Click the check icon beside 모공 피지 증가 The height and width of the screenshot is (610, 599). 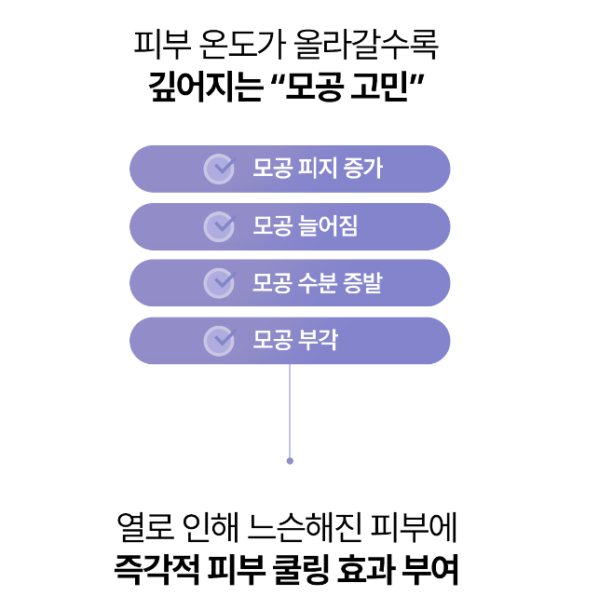tap(219, 169)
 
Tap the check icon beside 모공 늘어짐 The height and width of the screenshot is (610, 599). tap(219, 225)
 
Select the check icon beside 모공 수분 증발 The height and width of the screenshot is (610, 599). tap(219, 282)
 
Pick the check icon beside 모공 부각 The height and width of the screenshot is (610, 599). tap(219, 340)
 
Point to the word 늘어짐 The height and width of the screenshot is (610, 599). tap(328, 225)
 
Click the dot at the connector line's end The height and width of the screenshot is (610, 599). tap(290, 460)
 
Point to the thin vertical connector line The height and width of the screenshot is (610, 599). tap(290, 410)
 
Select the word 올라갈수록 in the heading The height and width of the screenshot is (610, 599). tap(364, 43)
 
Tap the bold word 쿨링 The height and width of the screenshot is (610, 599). tap(306, 568)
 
